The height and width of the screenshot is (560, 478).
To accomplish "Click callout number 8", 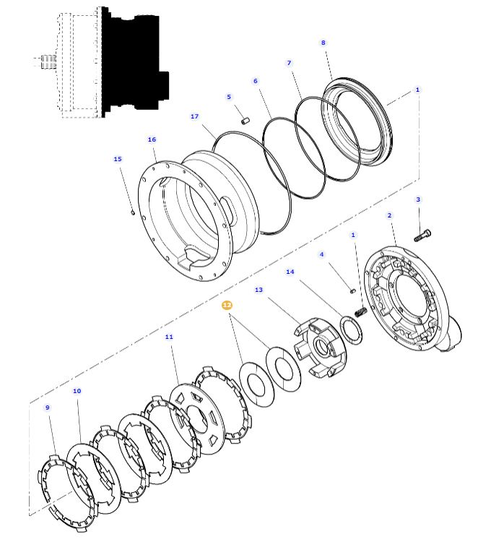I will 323,43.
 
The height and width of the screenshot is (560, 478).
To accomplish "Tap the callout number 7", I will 289,63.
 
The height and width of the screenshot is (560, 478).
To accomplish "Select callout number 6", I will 255,81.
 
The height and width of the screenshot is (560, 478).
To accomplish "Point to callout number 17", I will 194,116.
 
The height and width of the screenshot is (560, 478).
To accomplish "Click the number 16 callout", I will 152,139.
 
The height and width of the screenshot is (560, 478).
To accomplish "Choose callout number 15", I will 118,159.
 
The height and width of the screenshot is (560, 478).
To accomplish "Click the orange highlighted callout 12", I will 227,306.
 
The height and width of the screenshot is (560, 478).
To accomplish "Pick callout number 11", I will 169,337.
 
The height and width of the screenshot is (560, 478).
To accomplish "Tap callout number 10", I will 77,391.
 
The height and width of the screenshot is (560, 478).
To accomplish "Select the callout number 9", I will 48,408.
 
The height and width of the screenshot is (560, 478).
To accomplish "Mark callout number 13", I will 259,290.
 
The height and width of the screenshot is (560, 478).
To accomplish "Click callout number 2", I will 389,215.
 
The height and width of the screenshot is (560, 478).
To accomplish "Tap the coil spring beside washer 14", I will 362,311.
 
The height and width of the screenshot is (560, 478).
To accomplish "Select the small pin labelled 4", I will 352,290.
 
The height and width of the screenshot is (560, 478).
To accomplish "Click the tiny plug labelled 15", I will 134,212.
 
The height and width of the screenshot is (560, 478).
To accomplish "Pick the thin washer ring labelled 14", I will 352,329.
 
